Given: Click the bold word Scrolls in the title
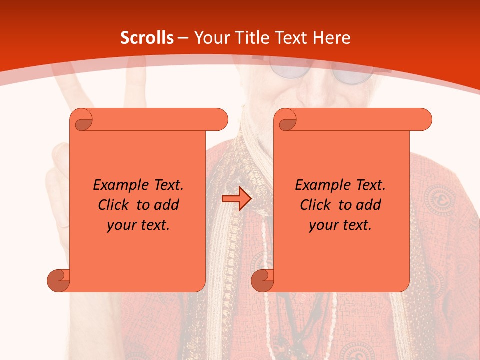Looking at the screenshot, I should click(147, 38).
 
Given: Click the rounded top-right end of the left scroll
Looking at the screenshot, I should click(220, 119).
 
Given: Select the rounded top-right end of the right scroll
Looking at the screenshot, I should click(424, 119).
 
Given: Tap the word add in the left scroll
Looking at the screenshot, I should click(167, 205).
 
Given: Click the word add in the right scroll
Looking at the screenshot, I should click(369, 205).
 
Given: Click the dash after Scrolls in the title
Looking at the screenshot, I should click(183, 38).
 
